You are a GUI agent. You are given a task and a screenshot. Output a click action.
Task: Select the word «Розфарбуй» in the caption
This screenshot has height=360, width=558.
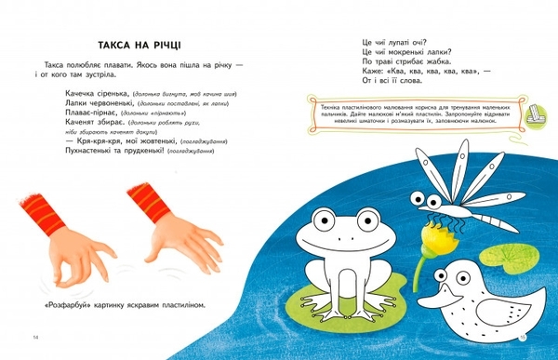coord(67,304)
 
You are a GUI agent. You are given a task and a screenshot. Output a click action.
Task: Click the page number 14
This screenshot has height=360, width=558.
coord(34,335)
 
